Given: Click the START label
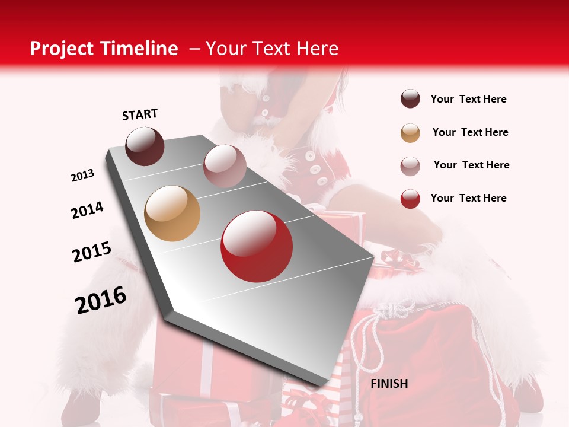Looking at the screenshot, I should point(140,114).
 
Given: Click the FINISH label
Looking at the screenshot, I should point(389,384).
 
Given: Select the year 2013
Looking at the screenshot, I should point(83,176).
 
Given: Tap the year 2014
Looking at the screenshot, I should point(87,211).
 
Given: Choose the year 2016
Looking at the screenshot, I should point(101,299).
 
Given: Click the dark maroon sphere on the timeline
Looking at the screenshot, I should point(145,146).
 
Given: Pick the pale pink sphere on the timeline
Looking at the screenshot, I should point(225,166).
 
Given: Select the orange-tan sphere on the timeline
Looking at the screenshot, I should point(172,213).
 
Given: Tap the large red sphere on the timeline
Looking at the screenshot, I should point(257,246).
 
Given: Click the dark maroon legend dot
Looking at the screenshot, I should point(410,99).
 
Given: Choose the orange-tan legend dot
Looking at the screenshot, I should point(410,133).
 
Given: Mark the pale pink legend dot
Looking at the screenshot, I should point(410,165).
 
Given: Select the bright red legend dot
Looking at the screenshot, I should point(410,199).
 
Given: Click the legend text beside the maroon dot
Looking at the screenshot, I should point(468,100).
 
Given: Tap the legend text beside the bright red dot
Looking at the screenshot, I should point(468,198).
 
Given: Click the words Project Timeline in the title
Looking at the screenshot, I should point(104,49).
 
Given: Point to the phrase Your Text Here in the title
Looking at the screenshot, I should point(271,49).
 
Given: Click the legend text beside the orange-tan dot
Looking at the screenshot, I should point(470,132).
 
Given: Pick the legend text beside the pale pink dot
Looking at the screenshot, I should point(471,165).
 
